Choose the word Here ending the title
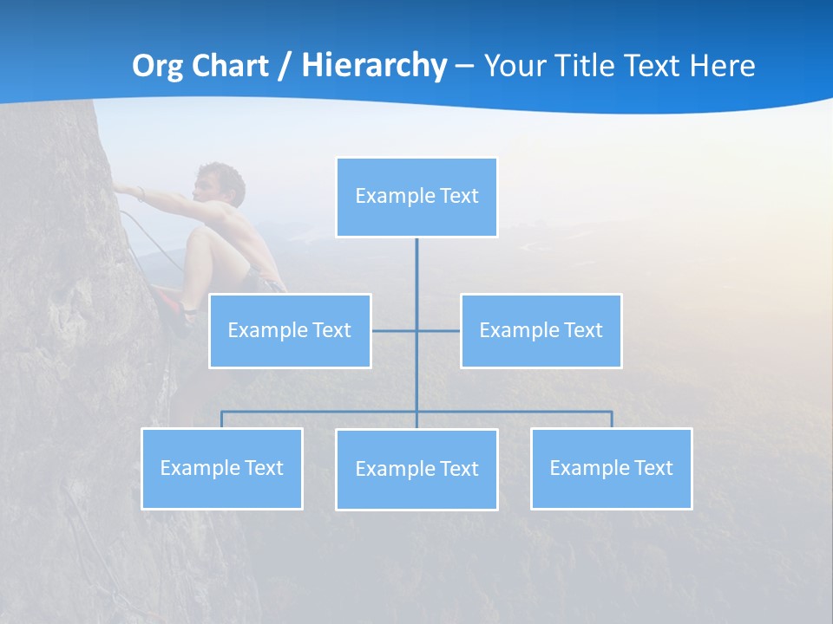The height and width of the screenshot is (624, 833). point(723,66)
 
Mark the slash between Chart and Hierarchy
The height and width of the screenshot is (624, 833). point(285,66)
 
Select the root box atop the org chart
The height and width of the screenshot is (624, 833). point(416,197)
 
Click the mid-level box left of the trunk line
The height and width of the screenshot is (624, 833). point(290,331)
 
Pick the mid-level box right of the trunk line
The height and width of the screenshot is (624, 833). point(541,331)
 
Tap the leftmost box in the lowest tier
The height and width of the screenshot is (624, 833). point(221,469)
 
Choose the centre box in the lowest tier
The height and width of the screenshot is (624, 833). point(416,470)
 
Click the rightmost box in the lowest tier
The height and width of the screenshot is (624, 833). point(611,469)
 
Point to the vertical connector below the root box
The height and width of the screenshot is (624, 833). point(416,277)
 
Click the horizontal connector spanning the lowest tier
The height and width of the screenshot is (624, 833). point(321,412)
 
